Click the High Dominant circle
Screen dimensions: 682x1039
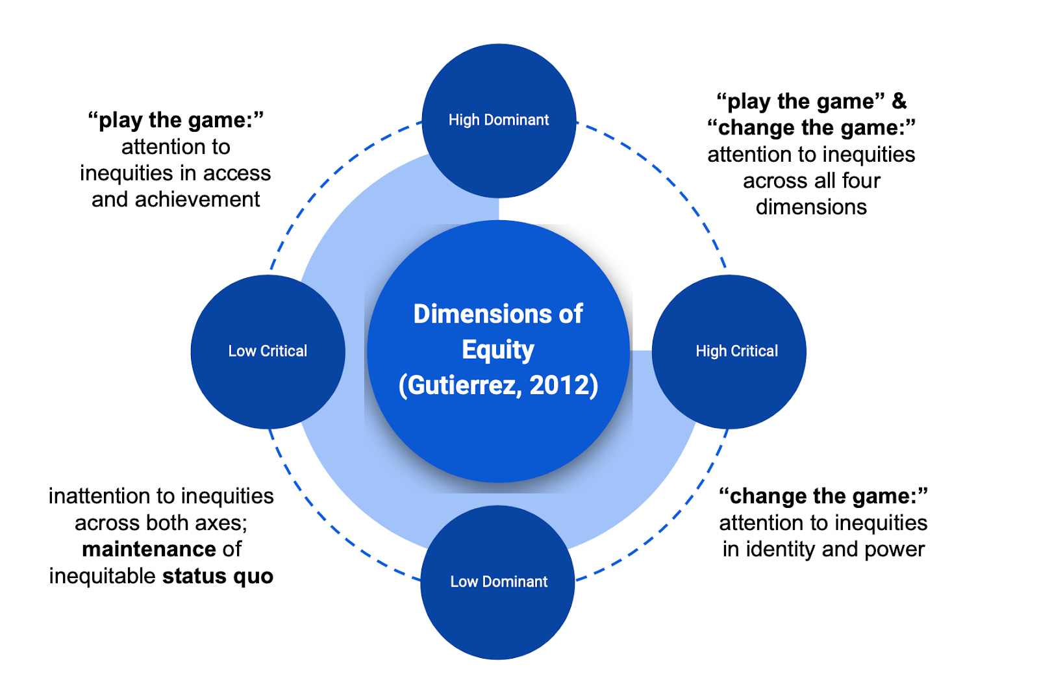[x=499, y=120]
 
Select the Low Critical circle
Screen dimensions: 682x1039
[x=268, y=351]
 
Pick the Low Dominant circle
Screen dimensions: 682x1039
[x=498, y=582]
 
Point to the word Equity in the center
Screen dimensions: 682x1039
[x=498, y=350]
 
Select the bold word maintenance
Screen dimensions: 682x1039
[x=149, y=549]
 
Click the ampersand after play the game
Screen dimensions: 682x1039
[x=899, y=101]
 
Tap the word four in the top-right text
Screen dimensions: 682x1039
[x=861, y=181]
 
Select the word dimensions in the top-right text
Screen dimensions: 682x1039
[x=811, y=207]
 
